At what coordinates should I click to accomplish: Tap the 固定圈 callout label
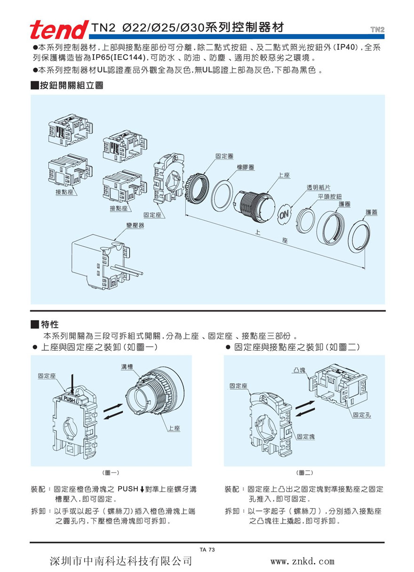click(x=224, y=156)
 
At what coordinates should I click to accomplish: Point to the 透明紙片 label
click(x=318, y=187)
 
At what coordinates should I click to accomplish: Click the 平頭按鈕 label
click(x=330, y=196)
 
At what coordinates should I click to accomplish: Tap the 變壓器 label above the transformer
click(x=135, y=226)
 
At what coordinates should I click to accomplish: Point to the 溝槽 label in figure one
click(x=127, y=366)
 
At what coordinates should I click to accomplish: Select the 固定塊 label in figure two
click(x=306, y=437)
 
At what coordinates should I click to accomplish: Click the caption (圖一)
click(x=111, y=472)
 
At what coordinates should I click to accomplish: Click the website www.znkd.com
click(x=303, y=561)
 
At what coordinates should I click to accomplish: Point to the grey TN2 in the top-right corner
click(x=377, y=30)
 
